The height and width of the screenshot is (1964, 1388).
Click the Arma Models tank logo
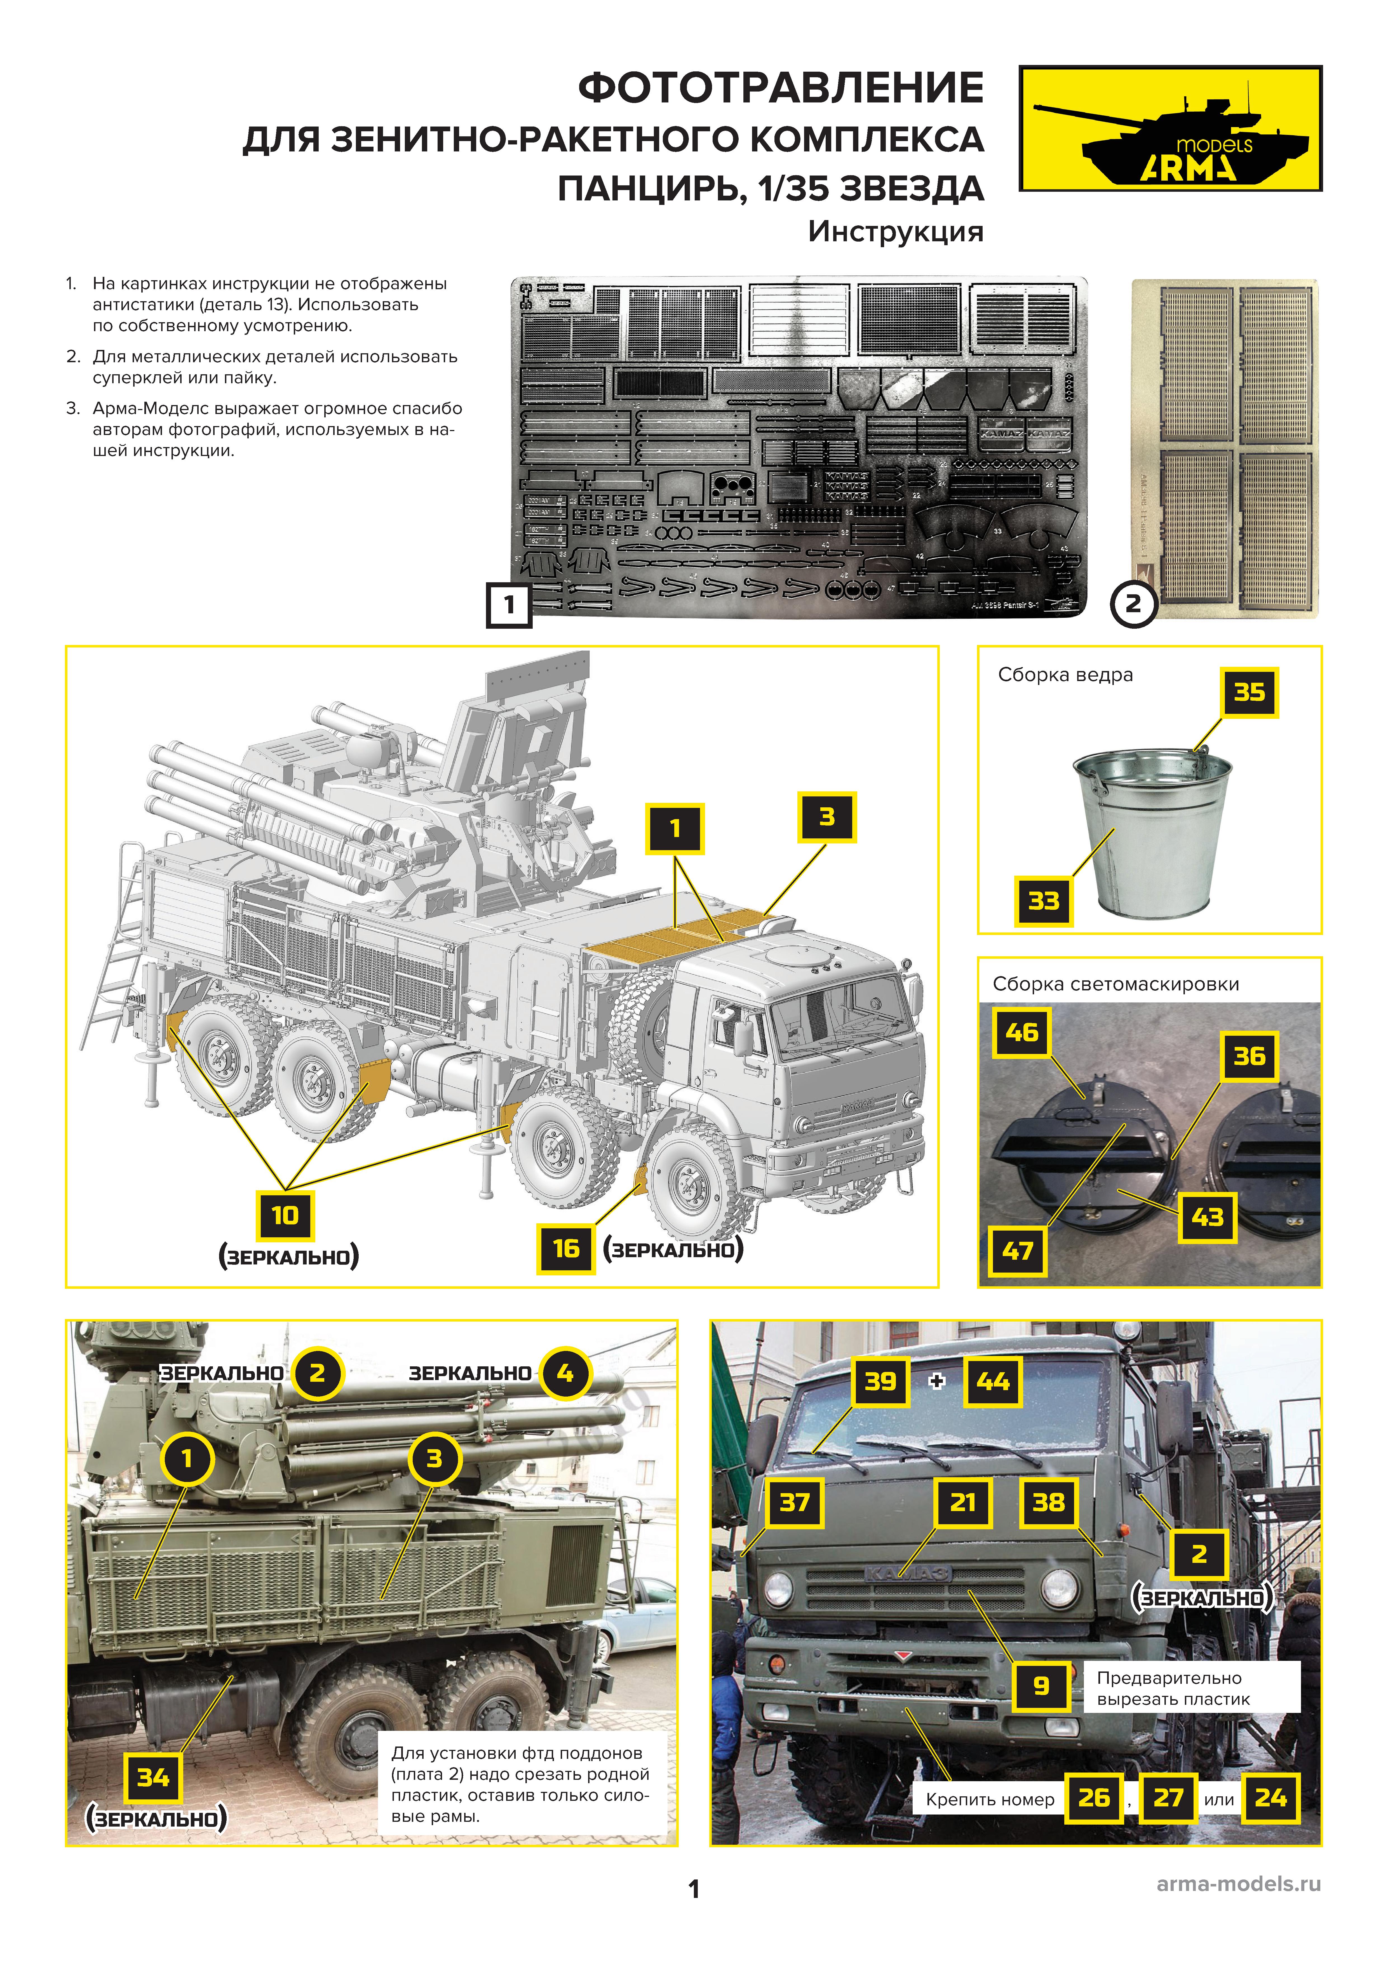tap(1170, 128)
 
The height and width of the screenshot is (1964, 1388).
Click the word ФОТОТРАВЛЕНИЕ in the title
tap(780, 88)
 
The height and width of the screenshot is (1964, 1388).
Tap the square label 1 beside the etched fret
tap(509, 605)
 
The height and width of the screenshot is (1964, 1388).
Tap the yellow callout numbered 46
tap(1021, 1032)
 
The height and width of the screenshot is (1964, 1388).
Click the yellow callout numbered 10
tap(285, 1215)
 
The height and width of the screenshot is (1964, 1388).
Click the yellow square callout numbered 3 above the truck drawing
tap(827, 817)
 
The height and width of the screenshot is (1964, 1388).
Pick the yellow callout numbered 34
tap(153, 1778)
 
